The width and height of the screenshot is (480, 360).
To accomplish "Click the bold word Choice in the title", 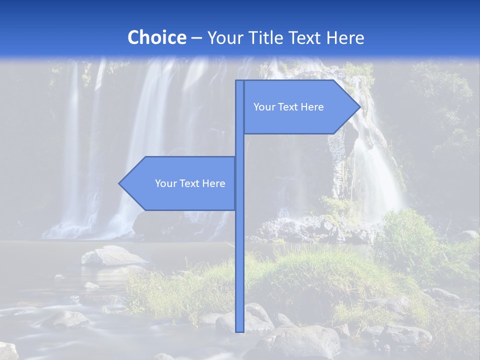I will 156,38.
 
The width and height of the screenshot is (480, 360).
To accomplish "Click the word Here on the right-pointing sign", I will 312,107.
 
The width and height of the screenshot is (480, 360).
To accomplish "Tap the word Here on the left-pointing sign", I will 213,183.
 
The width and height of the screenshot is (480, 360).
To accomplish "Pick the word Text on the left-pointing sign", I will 189,183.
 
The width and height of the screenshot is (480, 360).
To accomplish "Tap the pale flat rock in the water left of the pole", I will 112,256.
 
